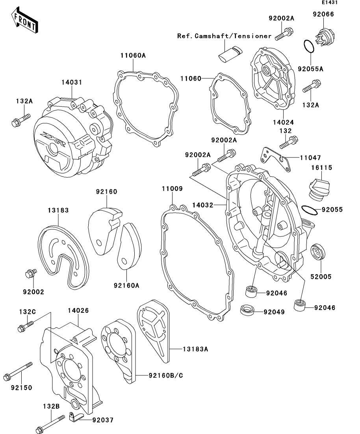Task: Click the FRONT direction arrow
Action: (24, 20)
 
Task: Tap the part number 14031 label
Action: (72, 82)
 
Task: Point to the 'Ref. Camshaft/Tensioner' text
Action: (224, 36)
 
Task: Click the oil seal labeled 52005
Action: (317, 252)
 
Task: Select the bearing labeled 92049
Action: (247, 309)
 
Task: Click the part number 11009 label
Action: (173, 189)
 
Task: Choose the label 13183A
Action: (195, 349)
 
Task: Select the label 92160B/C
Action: (166, 376)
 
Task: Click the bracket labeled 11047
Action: (275, 159)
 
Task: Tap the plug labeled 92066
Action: (325, 36)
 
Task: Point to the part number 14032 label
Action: (203, 205)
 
